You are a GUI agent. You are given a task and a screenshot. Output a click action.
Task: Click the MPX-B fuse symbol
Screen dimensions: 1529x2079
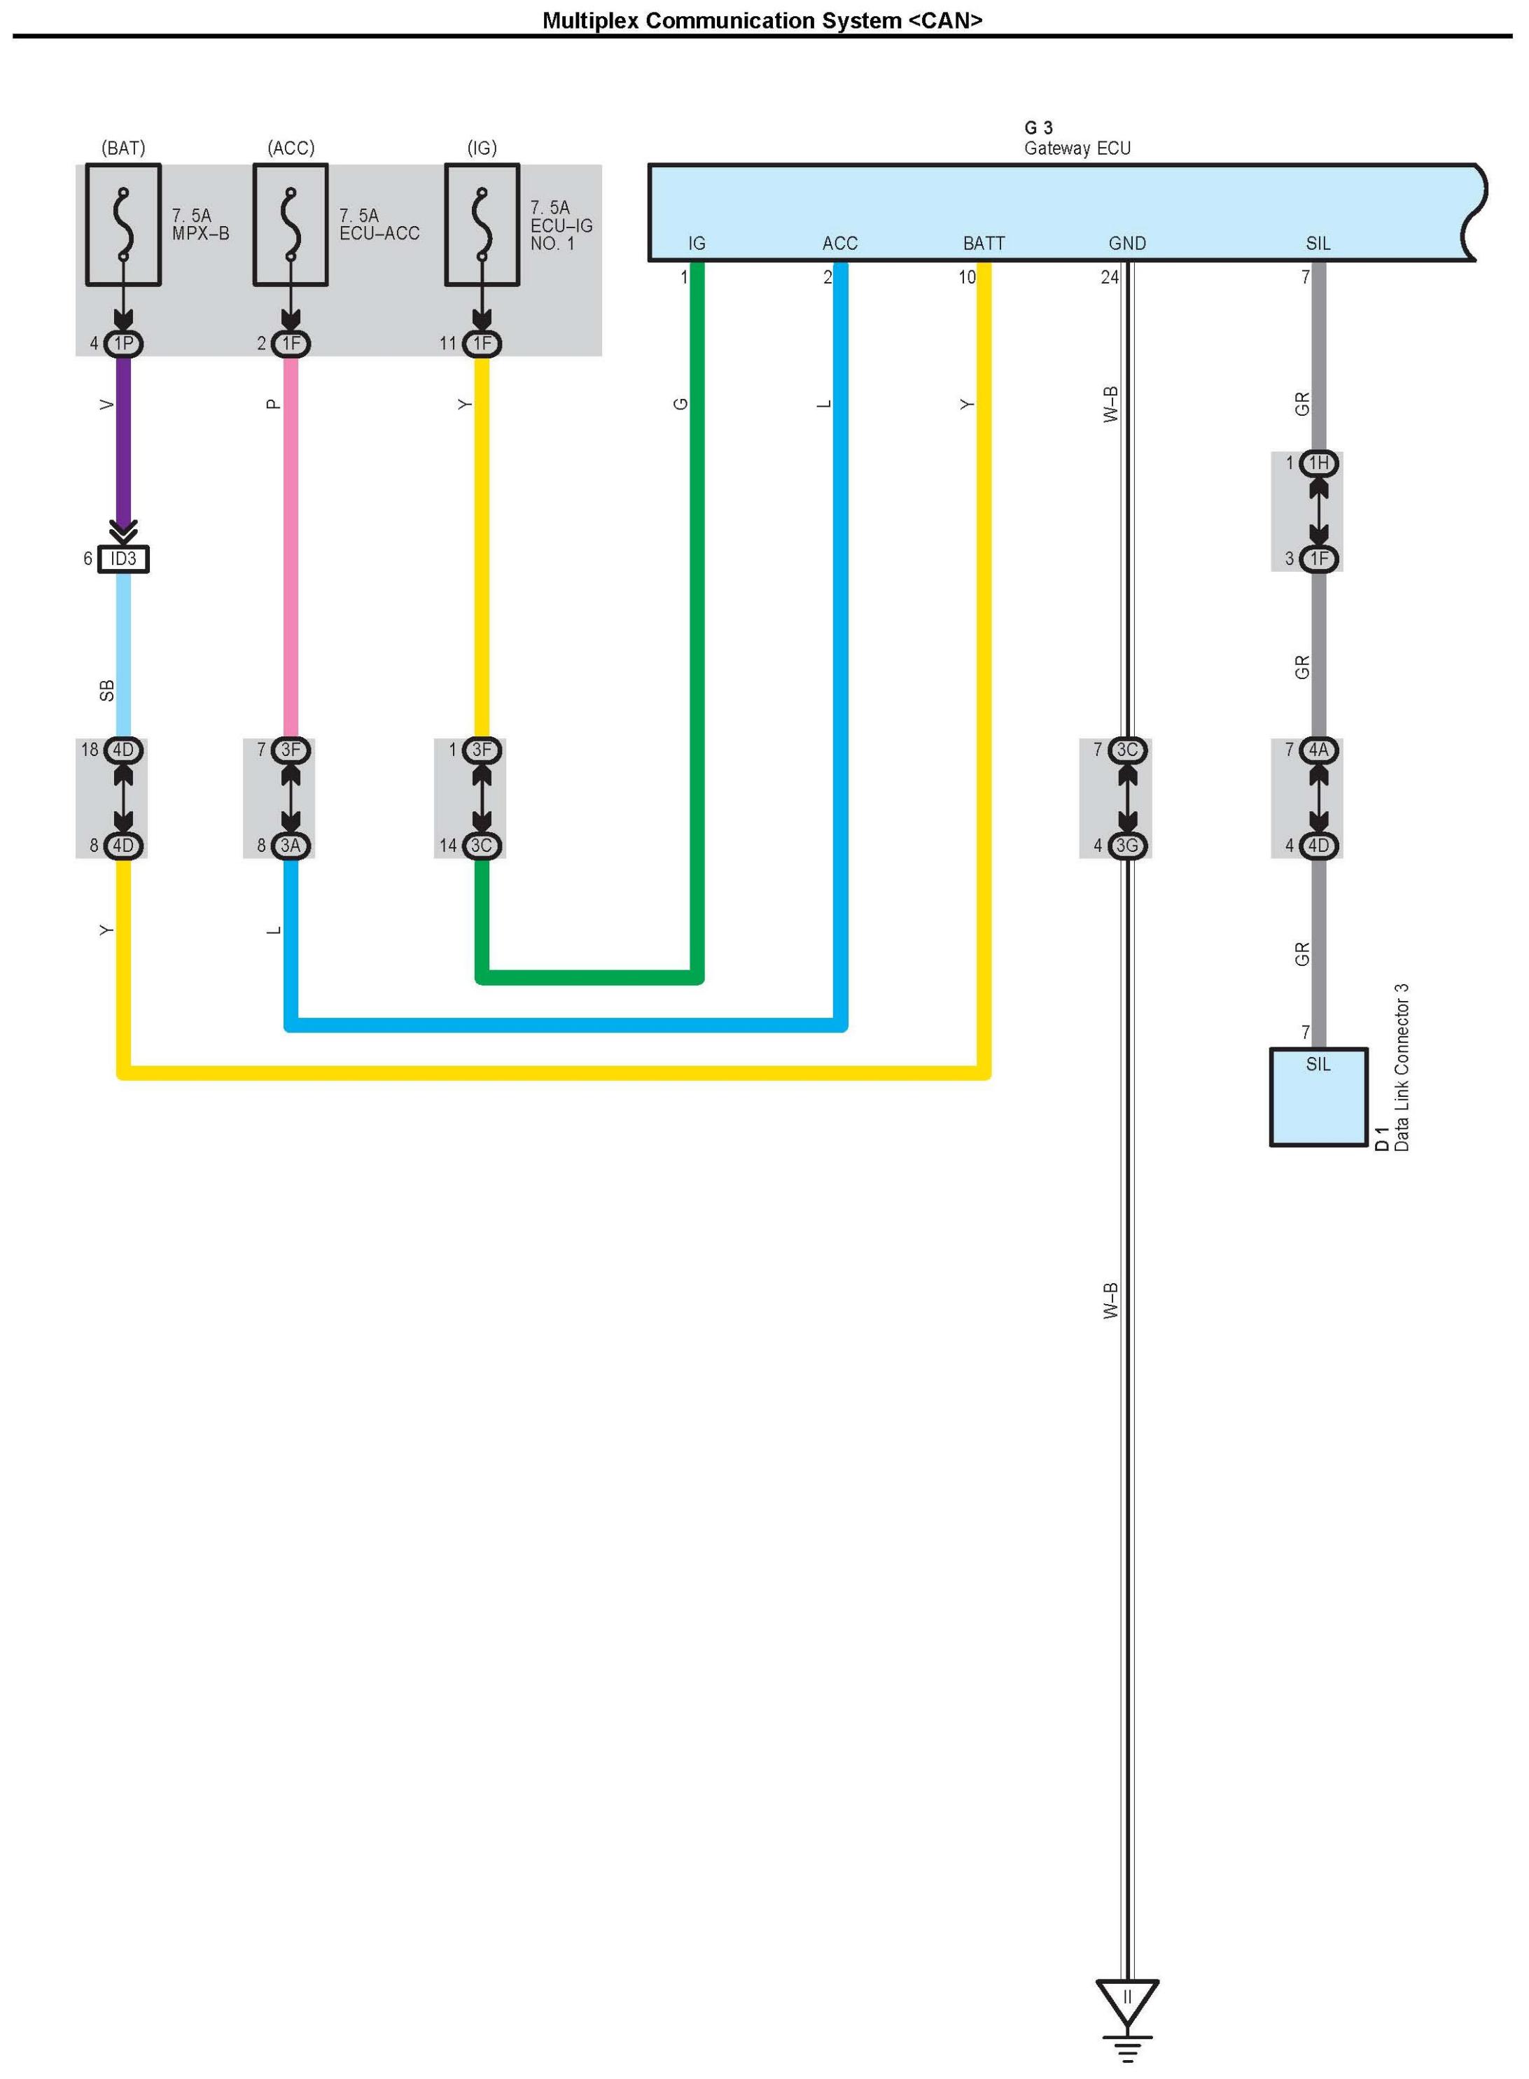pos(123,225)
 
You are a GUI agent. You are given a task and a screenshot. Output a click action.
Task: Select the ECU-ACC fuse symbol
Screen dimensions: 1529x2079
pos(291,225)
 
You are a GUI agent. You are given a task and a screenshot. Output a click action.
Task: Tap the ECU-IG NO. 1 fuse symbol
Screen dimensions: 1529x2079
pos(481,225)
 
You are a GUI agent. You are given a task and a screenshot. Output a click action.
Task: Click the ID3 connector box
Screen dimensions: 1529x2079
pos(123,559)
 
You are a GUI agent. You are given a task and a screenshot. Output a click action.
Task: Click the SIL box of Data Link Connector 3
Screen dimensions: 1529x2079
pos(1318,1096)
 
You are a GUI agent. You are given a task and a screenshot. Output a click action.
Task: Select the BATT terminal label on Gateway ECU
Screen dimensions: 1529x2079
pos(983,244)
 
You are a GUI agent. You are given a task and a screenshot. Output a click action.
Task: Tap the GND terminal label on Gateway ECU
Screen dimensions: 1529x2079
pos(1126,244)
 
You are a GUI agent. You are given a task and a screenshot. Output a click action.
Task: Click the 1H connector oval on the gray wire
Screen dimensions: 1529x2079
pos(1318,463)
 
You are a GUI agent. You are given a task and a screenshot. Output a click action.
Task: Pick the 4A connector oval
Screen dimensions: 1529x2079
pos(1318,750)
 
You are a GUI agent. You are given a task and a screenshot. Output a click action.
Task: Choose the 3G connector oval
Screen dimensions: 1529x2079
pos(1126,845)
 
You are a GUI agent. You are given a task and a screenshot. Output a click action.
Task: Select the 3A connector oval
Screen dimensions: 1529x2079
pos(291,845)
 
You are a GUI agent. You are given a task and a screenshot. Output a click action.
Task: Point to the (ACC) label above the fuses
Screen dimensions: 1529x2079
pos(291,148)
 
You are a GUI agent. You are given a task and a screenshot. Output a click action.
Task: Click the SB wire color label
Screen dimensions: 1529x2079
pos(106,690)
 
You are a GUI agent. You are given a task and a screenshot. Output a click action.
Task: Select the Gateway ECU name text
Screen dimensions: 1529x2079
pos(1077,148)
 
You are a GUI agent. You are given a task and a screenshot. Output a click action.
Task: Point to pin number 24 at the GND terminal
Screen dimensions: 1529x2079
pos(1109,276)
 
